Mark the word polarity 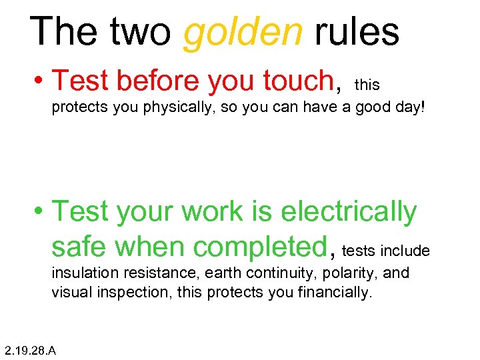click(x=353, y=273)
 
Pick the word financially click(x=335, y=292)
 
